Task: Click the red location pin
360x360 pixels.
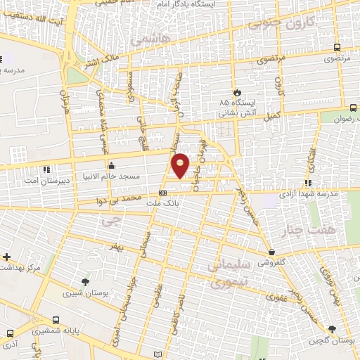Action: (181, 165)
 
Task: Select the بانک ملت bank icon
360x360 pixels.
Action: (163, 192)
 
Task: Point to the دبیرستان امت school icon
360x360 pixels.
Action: (46, 169)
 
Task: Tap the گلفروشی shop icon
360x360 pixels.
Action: (271, 252)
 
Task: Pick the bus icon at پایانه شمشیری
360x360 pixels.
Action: (9, 333)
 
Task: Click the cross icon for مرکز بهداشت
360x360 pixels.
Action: (6, 257)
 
